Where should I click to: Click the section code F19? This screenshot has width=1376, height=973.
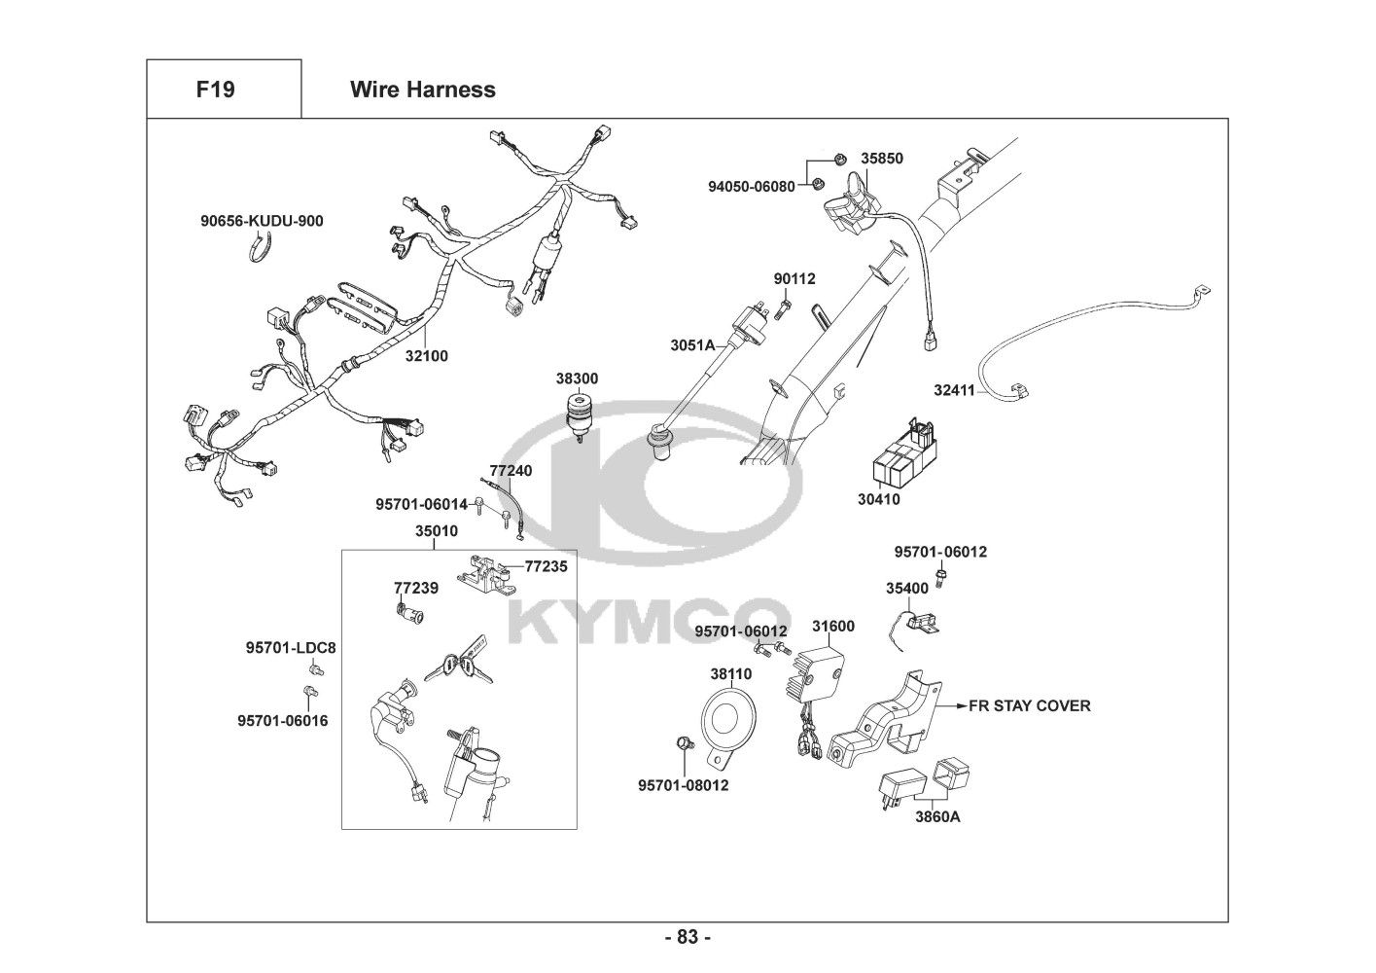(x=215, y=90)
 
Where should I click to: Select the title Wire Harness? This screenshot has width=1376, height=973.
(x=423, y=90)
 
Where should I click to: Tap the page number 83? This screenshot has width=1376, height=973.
(x=688, y=937)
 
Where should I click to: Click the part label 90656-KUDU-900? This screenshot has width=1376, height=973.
(x=262, y=221)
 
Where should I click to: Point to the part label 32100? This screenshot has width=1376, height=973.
(x=426, y=356)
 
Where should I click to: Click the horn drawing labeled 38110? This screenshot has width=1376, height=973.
(x=727, y=725)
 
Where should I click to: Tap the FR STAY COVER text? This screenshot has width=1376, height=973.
(x=1030, y=705)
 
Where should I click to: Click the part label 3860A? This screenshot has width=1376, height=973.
(x=937, y=817)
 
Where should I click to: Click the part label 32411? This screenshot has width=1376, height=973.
(x=954, y=390)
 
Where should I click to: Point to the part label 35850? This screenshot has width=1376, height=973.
(x=881, y=158)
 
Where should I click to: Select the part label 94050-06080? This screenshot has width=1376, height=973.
(x=752, y=186)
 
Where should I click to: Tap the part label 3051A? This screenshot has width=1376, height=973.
(x=692, y=345)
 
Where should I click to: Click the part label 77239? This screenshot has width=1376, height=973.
(x=416, y=588)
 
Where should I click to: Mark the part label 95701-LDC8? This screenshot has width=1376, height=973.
(x=291, y=648)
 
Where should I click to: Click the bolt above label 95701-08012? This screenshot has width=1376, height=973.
(x=683, y=743)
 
